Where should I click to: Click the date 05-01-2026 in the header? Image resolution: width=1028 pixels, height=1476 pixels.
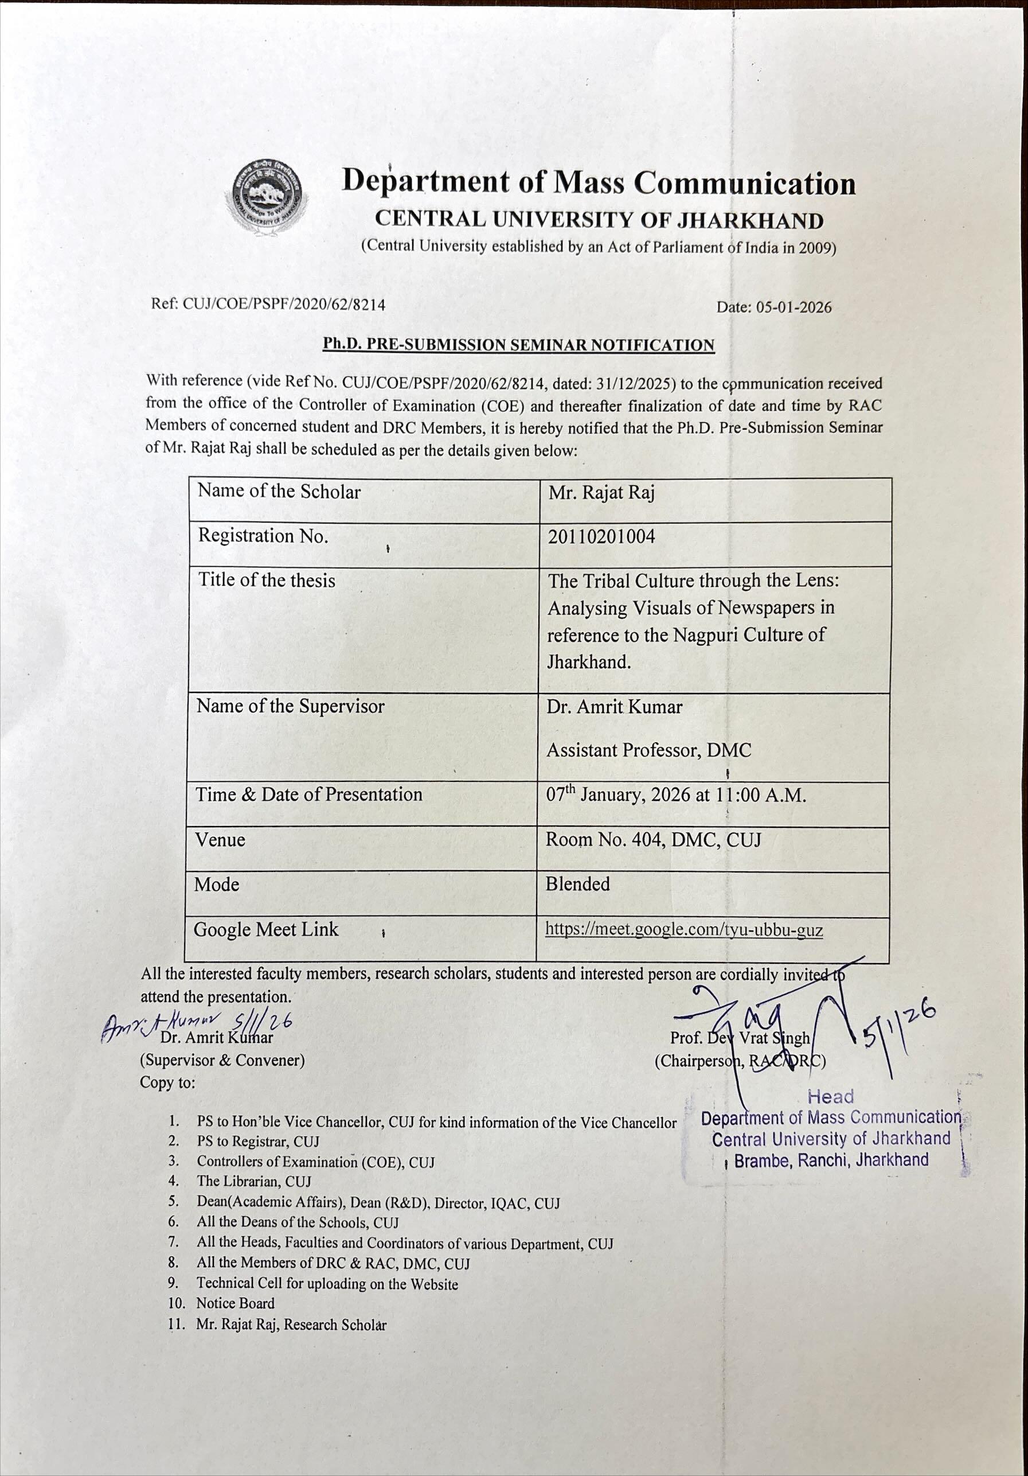pos(773,307)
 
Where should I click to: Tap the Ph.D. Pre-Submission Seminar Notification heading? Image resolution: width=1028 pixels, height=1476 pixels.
pos(518,345)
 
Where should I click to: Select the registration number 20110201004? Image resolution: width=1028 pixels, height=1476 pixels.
pos(601,536)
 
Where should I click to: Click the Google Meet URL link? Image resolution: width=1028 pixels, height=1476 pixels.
pos(683,929)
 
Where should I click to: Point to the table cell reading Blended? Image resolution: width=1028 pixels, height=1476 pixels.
pos(577,884)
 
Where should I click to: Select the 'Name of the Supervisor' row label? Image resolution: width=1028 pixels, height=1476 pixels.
pos(291,707)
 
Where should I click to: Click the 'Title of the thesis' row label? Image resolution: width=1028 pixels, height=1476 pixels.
pos(266,581)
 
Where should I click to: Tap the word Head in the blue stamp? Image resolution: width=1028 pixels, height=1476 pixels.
pos(831,1097)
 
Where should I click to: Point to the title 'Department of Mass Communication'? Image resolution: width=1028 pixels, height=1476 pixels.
pos(598,182)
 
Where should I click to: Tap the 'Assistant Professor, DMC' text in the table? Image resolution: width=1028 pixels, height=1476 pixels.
pos(648,750)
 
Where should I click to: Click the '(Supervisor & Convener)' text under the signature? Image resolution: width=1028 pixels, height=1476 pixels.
pos(222,1060)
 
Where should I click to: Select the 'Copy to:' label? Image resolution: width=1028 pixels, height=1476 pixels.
pos(167,1082)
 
